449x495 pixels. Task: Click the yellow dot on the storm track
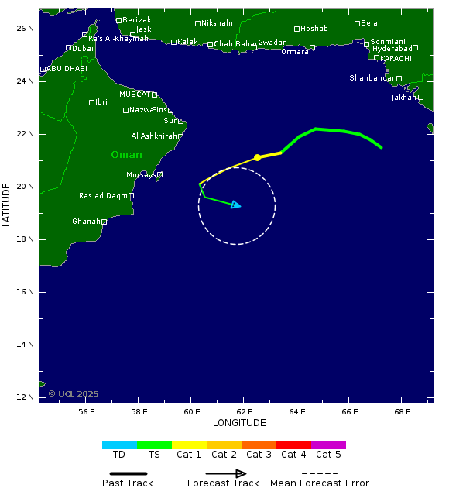[257, 157]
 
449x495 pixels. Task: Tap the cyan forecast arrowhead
[237, 205]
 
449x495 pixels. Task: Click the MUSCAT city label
[134, 95]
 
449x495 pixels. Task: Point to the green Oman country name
[126, 155]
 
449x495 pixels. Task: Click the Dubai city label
[83, 48]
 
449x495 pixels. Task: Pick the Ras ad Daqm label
[103, 196]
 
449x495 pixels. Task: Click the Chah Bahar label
[235, 44]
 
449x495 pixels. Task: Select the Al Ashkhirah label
[154, 136]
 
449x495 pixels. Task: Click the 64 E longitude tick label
[296, 411]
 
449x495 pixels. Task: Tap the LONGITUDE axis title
[239, 423]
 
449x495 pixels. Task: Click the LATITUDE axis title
[7, 205]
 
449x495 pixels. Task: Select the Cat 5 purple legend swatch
[328, 445]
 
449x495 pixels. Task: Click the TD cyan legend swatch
[119, 445]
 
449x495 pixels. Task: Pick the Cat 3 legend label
[259, 455]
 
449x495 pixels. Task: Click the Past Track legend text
[128, 483]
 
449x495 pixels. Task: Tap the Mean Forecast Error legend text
[320, 483]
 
